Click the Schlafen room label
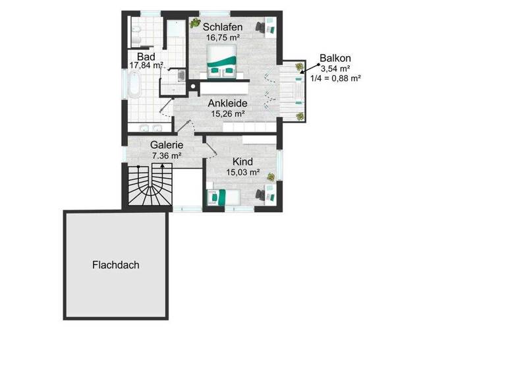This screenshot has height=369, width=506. [x=223, y=27]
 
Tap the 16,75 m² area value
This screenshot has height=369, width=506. [x=223, y=38]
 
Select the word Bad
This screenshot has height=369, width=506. [x=146, y=57]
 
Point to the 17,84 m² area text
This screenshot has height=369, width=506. [x=146, y=66]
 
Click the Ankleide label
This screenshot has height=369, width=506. [x=227, y=103]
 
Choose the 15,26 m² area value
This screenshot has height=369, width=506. [x=227, y=113]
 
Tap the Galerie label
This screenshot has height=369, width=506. [x=166, y=146]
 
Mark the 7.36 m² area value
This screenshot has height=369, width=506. [x=166, y=156]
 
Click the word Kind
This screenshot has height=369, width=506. [x=242, y=161]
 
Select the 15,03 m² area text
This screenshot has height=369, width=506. [x=242, y=173]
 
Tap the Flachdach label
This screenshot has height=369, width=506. [x=115, y=265]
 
